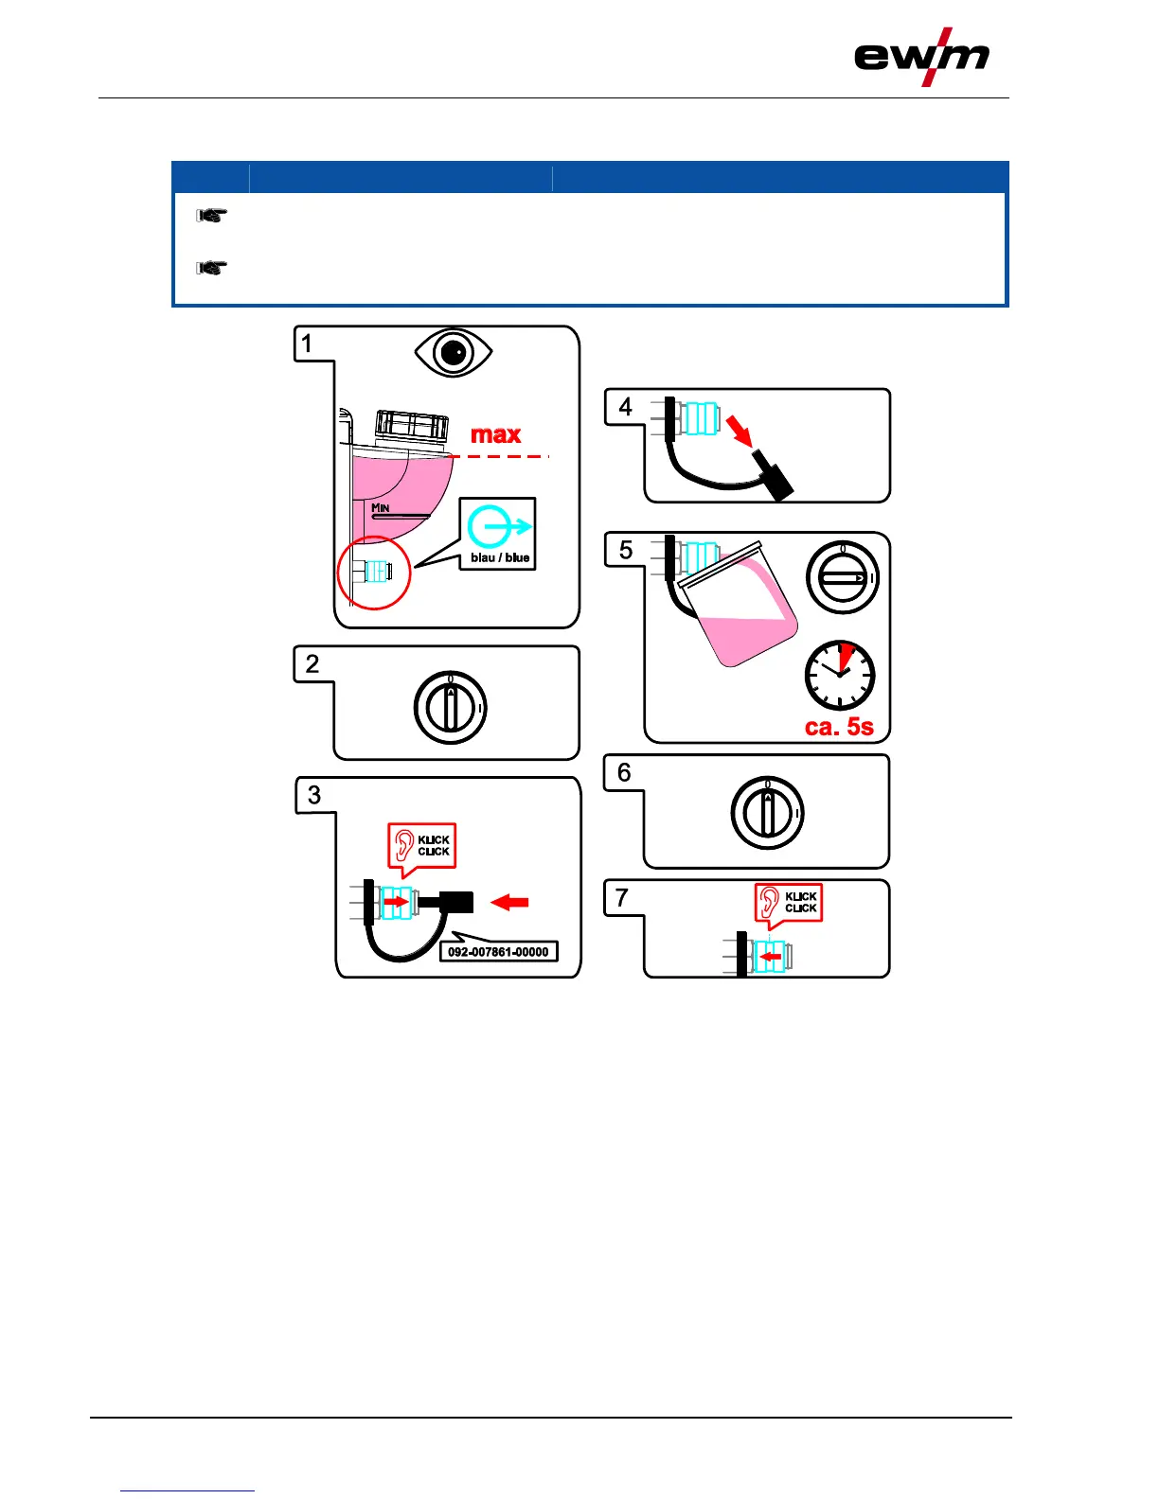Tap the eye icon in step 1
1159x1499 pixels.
(x=454, y=353)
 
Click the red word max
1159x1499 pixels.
(x=495, y=434)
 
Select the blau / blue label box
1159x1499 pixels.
(x=498, y=534)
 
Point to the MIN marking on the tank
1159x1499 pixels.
(x=381, y=508)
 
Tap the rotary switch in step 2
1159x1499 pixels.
(x=451, y=708)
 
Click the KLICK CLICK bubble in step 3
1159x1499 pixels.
(x=422, y=845)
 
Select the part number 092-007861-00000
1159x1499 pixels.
(x=498, y=952)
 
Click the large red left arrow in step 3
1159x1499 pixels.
(x=509, y=903)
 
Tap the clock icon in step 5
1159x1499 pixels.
(x=840, y=676)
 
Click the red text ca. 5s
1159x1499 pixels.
(x=839, y=727)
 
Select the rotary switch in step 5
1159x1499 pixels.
(x=842, y=578)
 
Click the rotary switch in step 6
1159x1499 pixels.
(x=767, y=813)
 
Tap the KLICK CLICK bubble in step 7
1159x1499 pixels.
(x=789, y=903)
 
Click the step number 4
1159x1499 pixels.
(x=625, y=407)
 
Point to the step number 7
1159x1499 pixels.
(x=622, y=897)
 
